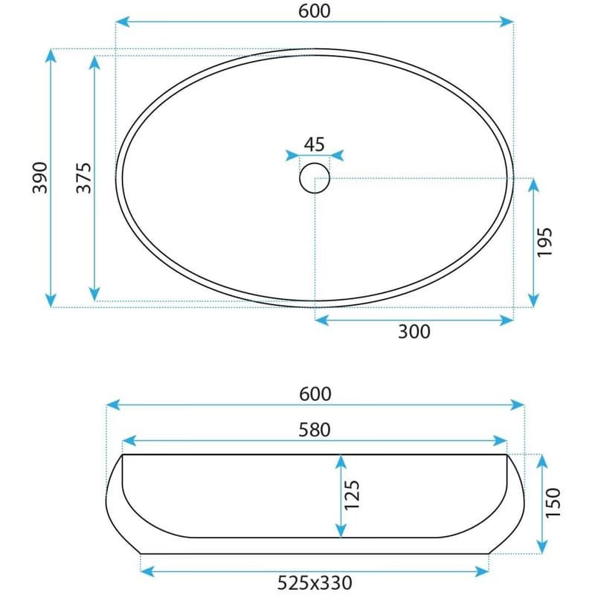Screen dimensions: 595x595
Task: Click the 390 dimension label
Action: point(40,178)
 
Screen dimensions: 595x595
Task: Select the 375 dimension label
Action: point(84,178)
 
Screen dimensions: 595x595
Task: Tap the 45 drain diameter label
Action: point(315,144)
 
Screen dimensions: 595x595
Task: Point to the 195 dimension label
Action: point(544,242)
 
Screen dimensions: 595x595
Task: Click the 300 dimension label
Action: point(414,332)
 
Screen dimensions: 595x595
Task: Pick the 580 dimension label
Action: point(315,430)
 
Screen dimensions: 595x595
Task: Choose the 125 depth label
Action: point(351,495)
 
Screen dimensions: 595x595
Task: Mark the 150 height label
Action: point(553,503)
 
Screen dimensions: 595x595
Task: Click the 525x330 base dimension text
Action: point(315,582)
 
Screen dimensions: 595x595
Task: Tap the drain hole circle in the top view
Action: point(315,163)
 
